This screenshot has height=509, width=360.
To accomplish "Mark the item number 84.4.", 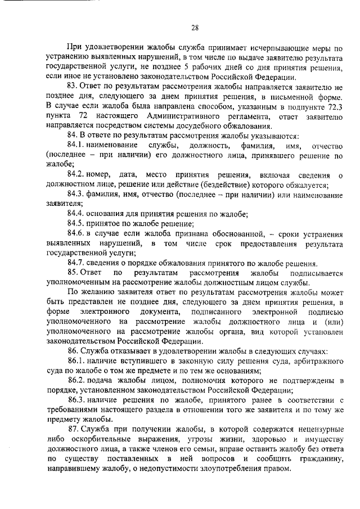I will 76,214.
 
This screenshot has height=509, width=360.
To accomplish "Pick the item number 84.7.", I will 76,263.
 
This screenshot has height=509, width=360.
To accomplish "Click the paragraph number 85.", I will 74,273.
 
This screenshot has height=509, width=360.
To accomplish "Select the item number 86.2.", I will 76,380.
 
